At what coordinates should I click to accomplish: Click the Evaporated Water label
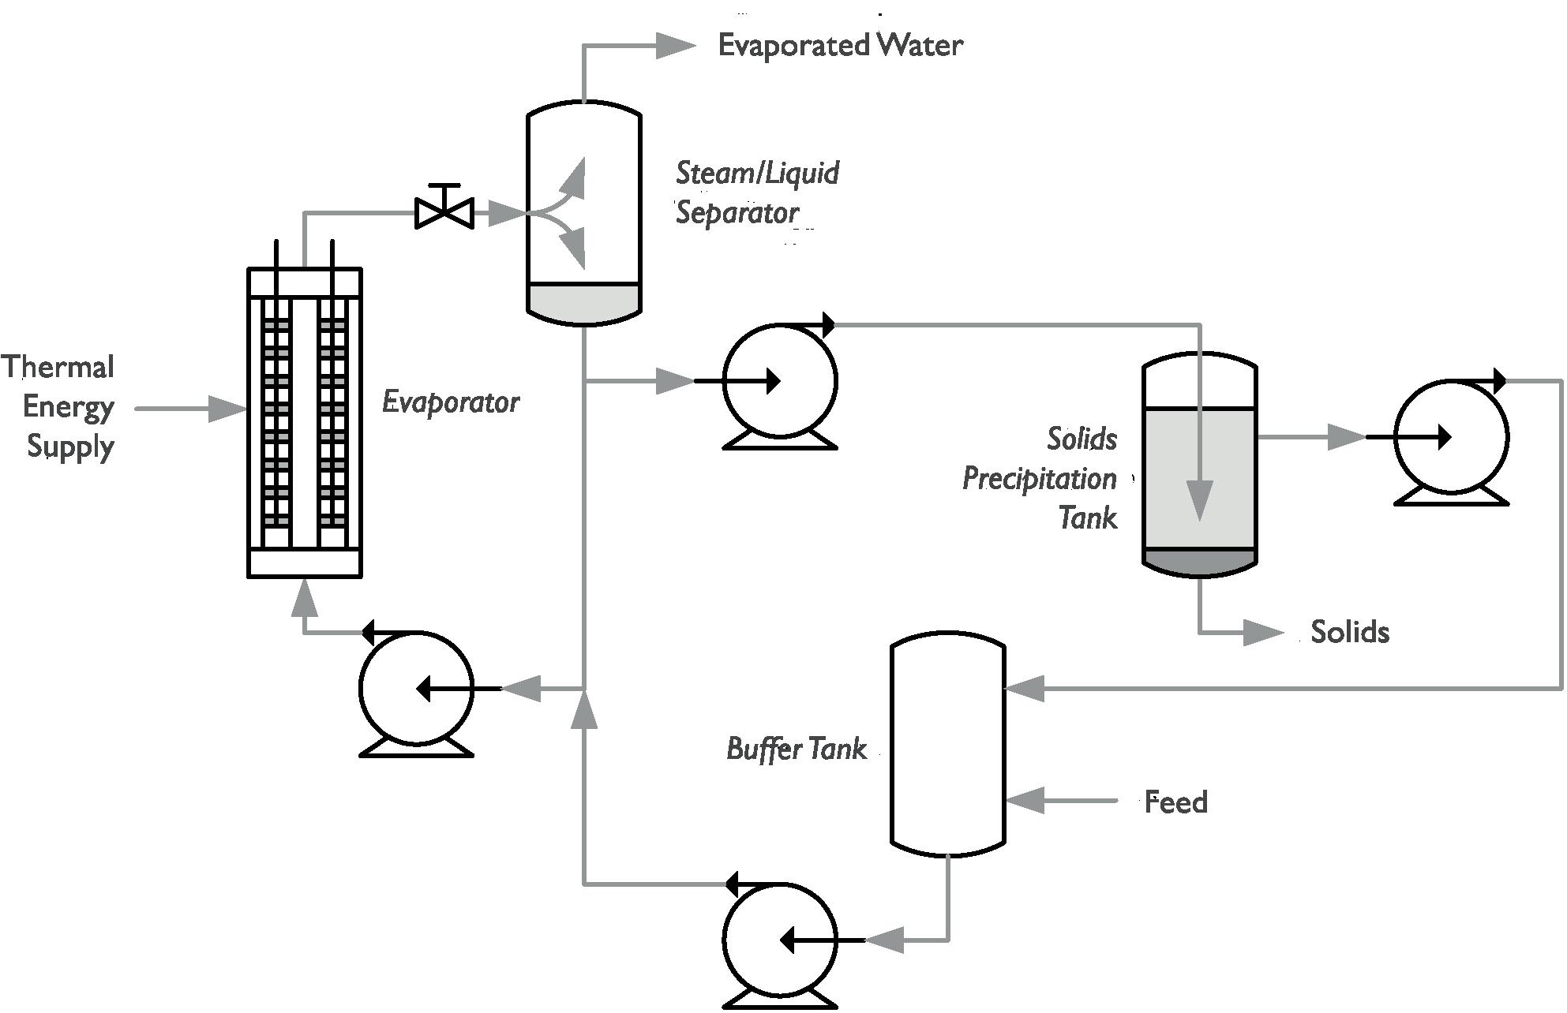840,45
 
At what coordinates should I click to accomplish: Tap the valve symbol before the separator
444,211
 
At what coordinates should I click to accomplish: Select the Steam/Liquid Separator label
757,193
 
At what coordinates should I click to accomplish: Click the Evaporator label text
451,402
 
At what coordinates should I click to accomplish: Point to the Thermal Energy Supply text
59,406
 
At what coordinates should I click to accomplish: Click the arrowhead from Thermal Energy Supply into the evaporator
229,409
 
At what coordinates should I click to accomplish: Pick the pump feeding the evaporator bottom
416,689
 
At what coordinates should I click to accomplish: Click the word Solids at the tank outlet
1350,632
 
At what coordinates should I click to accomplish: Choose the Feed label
1176,802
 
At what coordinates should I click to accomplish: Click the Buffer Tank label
797,748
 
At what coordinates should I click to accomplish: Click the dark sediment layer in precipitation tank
1199,561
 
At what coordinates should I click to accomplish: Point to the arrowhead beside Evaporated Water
675,46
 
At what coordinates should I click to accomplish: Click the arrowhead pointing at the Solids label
1263,632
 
